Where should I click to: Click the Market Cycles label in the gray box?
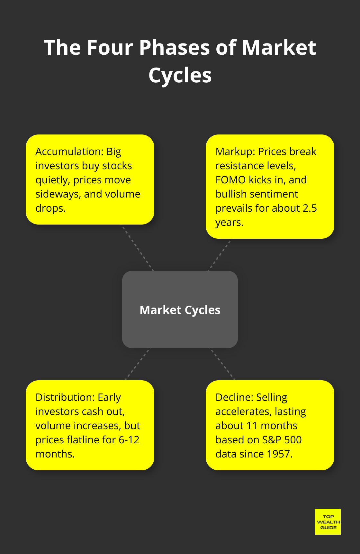tap(180, 310)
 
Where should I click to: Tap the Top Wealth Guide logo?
tap(328, 522)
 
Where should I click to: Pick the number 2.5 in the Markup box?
tap(310, 208)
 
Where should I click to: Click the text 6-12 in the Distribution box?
tap(129, 440)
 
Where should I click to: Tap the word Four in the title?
tap(110, 48)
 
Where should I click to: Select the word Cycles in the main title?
tap(180, 75)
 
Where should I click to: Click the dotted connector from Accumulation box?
tap(138, 248)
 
